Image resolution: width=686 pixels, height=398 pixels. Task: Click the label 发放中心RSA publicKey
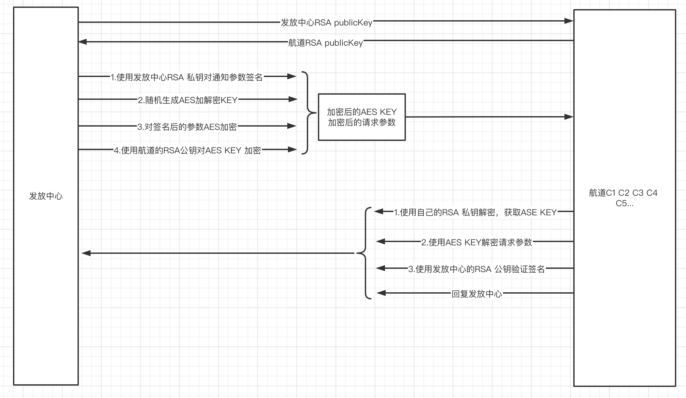326,23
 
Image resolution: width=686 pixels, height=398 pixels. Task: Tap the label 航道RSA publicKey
325,43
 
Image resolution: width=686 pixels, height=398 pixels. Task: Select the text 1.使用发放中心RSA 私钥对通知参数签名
187,77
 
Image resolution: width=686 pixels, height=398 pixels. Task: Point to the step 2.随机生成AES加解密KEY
188,100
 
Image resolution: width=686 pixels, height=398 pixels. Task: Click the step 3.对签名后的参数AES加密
187,127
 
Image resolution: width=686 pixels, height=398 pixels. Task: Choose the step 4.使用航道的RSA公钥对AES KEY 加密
187,150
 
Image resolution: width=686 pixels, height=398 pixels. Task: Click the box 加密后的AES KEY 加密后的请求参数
362,117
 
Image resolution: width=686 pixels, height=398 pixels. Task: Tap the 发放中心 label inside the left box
46,196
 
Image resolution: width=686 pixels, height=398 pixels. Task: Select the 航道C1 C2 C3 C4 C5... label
623,198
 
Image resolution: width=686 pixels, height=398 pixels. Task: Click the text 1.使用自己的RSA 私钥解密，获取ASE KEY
475,212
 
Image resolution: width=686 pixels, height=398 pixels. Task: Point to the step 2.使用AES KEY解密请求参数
477,242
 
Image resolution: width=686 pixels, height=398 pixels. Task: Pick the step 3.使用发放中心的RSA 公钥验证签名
477,269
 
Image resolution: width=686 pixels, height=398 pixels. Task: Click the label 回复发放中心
477,294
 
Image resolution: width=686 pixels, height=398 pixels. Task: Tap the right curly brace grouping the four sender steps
308,113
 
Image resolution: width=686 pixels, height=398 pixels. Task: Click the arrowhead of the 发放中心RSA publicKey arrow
569,21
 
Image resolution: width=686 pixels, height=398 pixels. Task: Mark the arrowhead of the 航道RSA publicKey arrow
83,42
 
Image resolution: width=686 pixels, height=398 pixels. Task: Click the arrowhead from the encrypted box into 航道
569,116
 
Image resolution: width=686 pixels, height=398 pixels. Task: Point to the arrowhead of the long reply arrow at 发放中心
86,253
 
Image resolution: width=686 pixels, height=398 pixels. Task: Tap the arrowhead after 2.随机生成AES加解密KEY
293,99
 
